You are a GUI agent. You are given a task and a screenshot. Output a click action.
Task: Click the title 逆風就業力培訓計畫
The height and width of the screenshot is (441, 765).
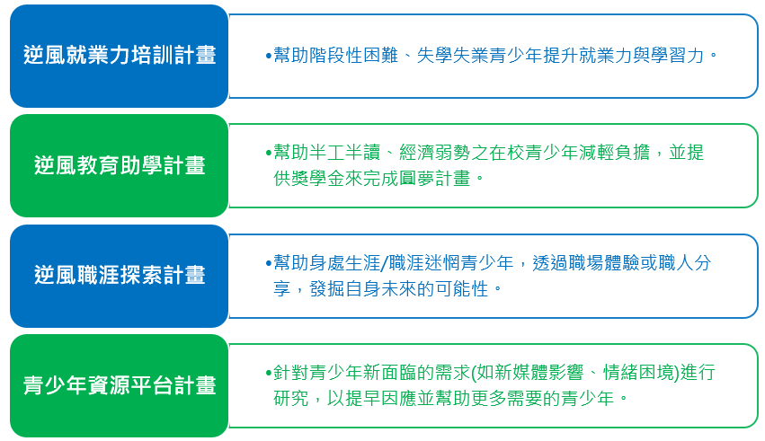(x=120, y=55)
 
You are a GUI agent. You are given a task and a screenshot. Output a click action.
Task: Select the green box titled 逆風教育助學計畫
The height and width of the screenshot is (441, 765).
(x=119, y=165)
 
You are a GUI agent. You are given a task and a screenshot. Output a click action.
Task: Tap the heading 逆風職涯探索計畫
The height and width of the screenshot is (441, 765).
(x=120, y=276)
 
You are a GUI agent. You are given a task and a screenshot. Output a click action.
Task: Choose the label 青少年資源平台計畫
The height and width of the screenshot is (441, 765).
(x=120, y=385)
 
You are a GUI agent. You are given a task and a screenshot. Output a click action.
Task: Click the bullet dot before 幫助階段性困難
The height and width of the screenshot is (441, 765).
(x=269, y=56)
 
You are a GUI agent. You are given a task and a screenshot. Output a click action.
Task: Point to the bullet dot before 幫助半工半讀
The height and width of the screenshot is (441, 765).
(x=269, y=153)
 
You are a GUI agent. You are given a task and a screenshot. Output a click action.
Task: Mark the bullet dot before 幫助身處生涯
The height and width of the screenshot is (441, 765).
(x=269, y=264)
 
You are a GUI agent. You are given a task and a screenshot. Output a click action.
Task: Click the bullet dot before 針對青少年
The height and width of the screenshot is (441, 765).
(x=269, y=374)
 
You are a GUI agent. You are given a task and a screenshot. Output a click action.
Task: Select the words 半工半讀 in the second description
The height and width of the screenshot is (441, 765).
(x=345, y=153)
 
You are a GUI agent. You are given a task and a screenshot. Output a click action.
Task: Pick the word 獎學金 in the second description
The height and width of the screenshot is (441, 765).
(x=318, y=179)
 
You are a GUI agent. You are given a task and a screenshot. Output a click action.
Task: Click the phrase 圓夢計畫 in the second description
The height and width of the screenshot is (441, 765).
(x=435, y=179)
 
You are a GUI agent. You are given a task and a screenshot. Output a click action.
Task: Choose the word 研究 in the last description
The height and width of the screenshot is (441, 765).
(x=291, y=399)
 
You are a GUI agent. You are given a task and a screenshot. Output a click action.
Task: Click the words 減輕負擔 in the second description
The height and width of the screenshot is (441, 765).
(x=615, y=153)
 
